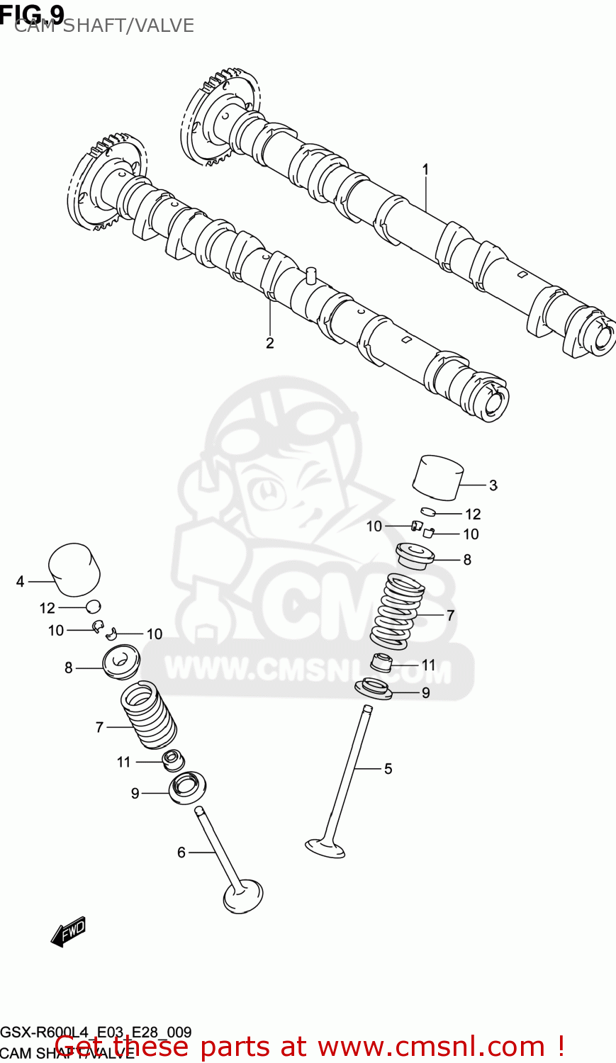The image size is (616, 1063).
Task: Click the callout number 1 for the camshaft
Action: (x=425, y=169)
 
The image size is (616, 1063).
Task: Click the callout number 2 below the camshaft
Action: (x=270, y=343)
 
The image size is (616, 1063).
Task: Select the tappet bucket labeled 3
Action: (x=438, y=476)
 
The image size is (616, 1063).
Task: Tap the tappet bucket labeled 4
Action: (x=74, y=569)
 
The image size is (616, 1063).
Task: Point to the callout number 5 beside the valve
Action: (x=388, y=769)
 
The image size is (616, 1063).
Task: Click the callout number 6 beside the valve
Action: (x=181, y=853)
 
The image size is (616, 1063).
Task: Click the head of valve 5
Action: (x=325, y=847)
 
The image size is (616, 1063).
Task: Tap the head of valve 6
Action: (x=243, y=896)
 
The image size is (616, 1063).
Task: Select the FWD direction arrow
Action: (x=68, y=933)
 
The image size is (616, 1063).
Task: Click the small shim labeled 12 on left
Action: (x=94, y=606)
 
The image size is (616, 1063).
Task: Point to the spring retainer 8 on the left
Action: (x=121, y=661)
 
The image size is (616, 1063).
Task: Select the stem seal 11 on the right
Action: (x=383, y=664)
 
